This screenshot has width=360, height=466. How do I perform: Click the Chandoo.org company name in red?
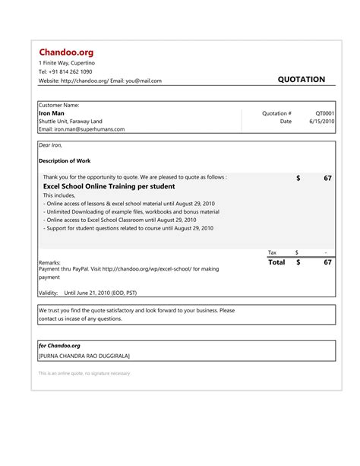click(x=66, y=51)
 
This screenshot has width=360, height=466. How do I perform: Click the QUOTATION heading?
click(x=301, y=80)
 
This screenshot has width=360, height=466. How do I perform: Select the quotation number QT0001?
click(x=324, y=113)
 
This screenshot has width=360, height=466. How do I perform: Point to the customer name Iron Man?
click(x=51, y=113)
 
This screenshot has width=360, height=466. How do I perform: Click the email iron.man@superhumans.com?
click(x=81, y=129)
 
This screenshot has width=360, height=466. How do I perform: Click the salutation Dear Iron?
click(x=50, y=144)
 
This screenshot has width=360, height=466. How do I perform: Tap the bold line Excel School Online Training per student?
click(x=109, y=186)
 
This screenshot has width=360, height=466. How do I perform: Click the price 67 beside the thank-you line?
click(x=327, y=178)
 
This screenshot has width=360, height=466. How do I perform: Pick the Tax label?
click(x=273, y=252)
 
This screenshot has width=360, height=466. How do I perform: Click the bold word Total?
click(x=276, y=262)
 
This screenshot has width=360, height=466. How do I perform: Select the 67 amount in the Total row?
click(x=327, y=262)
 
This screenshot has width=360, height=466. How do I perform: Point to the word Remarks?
click(x=50, y=262)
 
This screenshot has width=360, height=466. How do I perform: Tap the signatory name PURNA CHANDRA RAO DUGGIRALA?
click(x=84, y=356)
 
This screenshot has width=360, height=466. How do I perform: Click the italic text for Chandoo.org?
click(x=59, y=345)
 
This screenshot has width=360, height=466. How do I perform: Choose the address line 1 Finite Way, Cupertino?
click(x=67, y=62)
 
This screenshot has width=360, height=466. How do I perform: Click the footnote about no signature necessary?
click(x=84, y=374)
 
